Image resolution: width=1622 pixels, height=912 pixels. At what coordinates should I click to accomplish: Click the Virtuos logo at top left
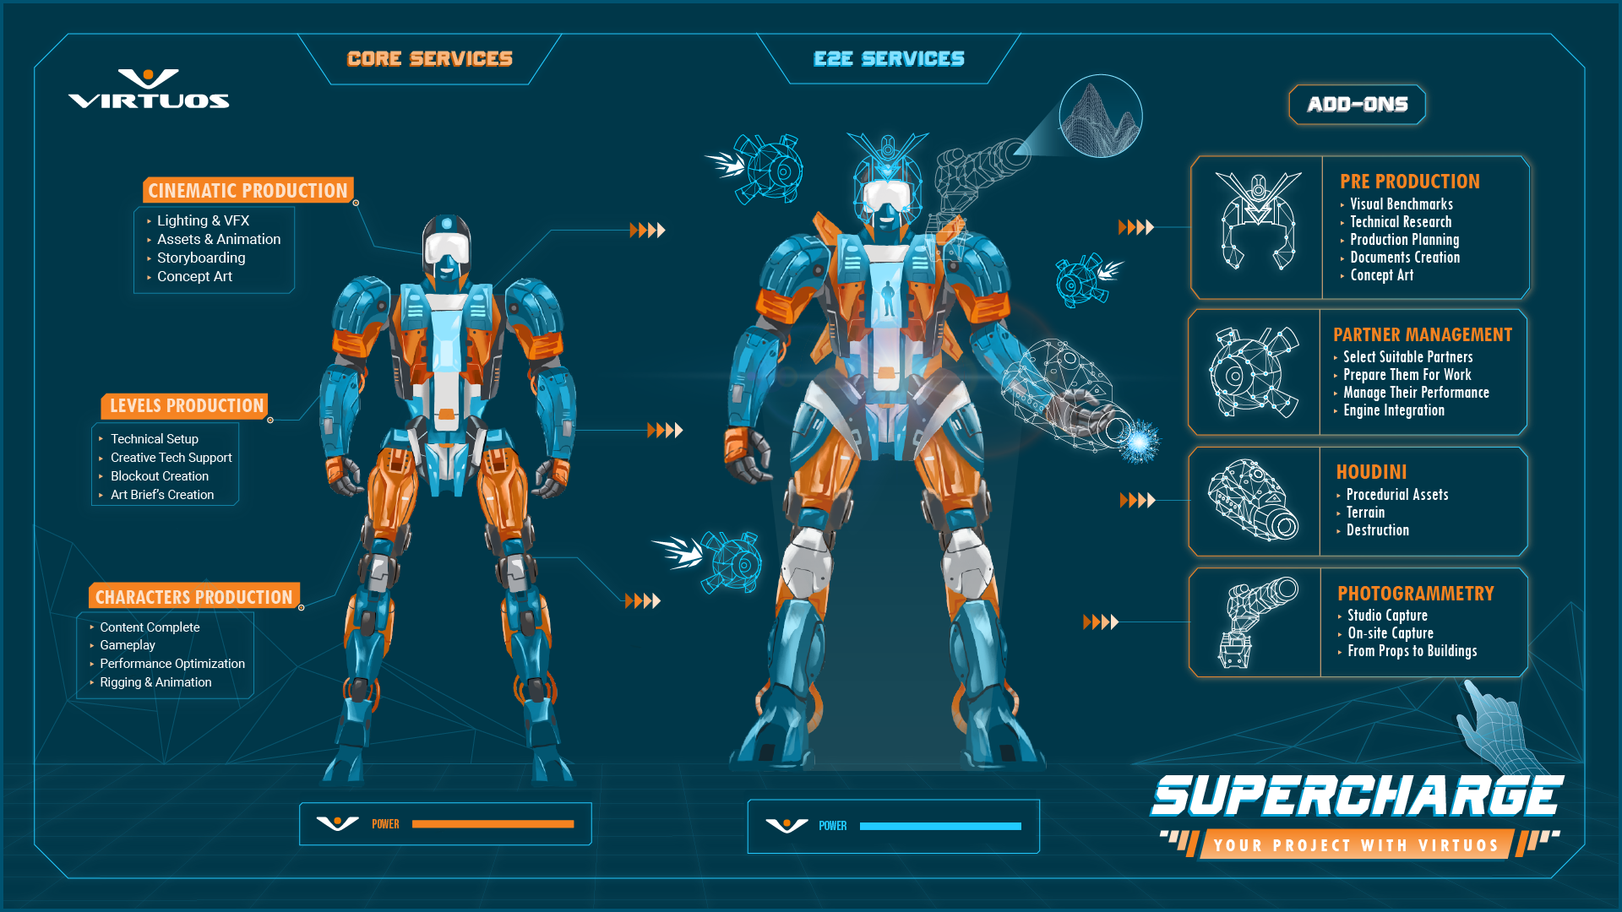(x=149, y=90)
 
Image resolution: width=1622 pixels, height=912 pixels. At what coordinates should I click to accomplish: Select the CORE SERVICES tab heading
(x=429, y=59)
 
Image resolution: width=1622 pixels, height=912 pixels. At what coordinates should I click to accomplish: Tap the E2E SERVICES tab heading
(x=889, y=59)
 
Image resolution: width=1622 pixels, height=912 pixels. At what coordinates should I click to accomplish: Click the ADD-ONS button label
(x=1357, y=105)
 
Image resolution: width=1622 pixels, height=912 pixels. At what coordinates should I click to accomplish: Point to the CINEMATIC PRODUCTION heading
(x=248, y=191)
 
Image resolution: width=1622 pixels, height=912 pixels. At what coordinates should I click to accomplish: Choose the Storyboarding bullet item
(x=201, y=258)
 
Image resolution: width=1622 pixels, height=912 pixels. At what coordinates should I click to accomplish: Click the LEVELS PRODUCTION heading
(x=186, y=406)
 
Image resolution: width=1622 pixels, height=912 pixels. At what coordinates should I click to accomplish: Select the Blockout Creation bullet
(x=159, y=476)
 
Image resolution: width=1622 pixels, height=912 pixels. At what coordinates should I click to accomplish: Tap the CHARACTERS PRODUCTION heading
(x=193, y=597)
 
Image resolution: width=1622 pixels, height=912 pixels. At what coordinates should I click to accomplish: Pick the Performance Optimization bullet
(x=172, y=664)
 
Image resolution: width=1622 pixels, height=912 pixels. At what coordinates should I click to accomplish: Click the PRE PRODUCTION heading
(x=1409, y=182)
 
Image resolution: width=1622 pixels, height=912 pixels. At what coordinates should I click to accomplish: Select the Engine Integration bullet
(x=1393, y=410)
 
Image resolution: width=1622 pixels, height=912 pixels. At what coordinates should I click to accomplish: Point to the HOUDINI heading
(x=1371, y=472)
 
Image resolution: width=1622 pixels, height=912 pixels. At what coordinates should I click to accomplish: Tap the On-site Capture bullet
(x=1390, y=633)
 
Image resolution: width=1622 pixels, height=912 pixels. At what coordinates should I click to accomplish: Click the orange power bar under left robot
(x=493, y=824)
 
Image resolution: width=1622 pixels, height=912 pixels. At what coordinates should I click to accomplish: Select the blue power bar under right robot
(x=940, y=826)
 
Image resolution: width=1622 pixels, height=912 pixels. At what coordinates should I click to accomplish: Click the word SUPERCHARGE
(x=1357, y=796)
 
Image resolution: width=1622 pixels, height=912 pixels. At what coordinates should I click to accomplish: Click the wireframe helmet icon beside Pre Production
(x=1258, y=221)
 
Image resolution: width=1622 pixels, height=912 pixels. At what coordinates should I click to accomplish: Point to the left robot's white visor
(x=446, y=247)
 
